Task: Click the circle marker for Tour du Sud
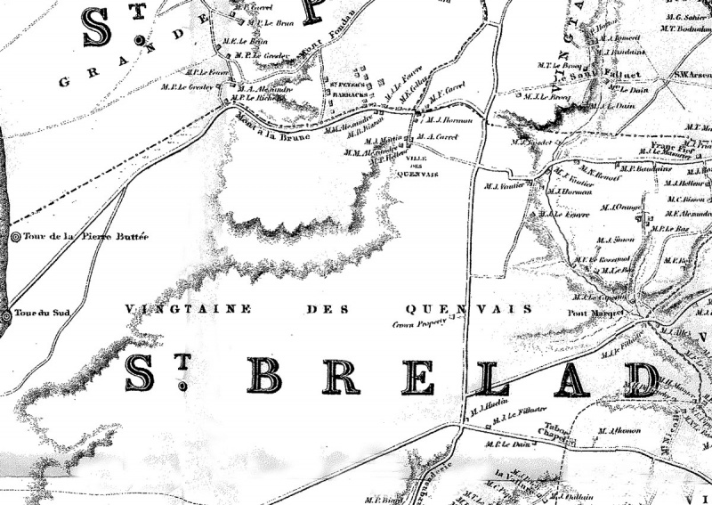click(x=6, y=316)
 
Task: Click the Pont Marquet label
click(x=592, y=314)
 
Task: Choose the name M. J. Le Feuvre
click(x=556, y=215)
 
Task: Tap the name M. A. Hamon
click(x=620, y=431)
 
